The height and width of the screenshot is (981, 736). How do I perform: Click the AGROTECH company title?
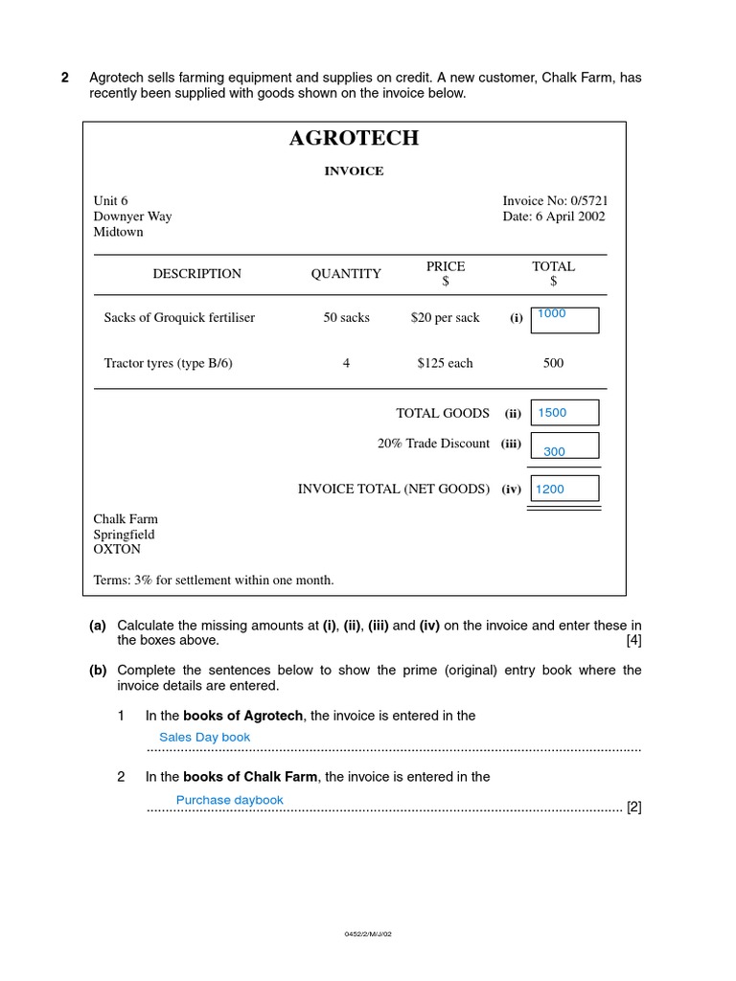(354, 138)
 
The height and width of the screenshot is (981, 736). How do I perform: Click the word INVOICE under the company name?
(354, 171)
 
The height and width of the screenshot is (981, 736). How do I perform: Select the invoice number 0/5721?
(555, 201)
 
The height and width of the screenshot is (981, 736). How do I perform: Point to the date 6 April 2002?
(554, 217)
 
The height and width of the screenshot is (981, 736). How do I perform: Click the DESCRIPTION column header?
(197, 274)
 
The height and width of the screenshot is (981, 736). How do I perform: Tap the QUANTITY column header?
(346, 274)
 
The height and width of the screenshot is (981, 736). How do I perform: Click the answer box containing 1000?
(564, 320)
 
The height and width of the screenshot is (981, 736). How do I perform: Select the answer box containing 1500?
(564, 413)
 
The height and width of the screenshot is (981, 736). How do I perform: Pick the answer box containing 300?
(564, 446)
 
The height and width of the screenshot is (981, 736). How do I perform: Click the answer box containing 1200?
(564, 489)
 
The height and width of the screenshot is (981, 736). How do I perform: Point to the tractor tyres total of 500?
(553, 363)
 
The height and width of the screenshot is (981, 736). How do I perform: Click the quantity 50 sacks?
(346, 318)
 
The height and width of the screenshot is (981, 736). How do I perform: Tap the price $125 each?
(445, 363)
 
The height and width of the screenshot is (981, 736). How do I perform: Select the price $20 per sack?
(445, 318)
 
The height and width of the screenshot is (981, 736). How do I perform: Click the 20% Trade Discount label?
(433, 444)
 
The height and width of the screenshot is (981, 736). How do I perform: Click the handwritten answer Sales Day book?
(204, 737)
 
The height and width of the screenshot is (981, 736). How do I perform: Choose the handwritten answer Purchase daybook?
(230, 800)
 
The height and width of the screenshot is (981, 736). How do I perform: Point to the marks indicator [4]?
(633, 640)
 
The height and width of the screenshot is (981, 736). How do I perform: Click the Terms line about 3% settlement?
(214, 580)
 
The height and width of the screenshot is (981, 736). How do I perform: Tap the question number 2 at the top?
(65, 78)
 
